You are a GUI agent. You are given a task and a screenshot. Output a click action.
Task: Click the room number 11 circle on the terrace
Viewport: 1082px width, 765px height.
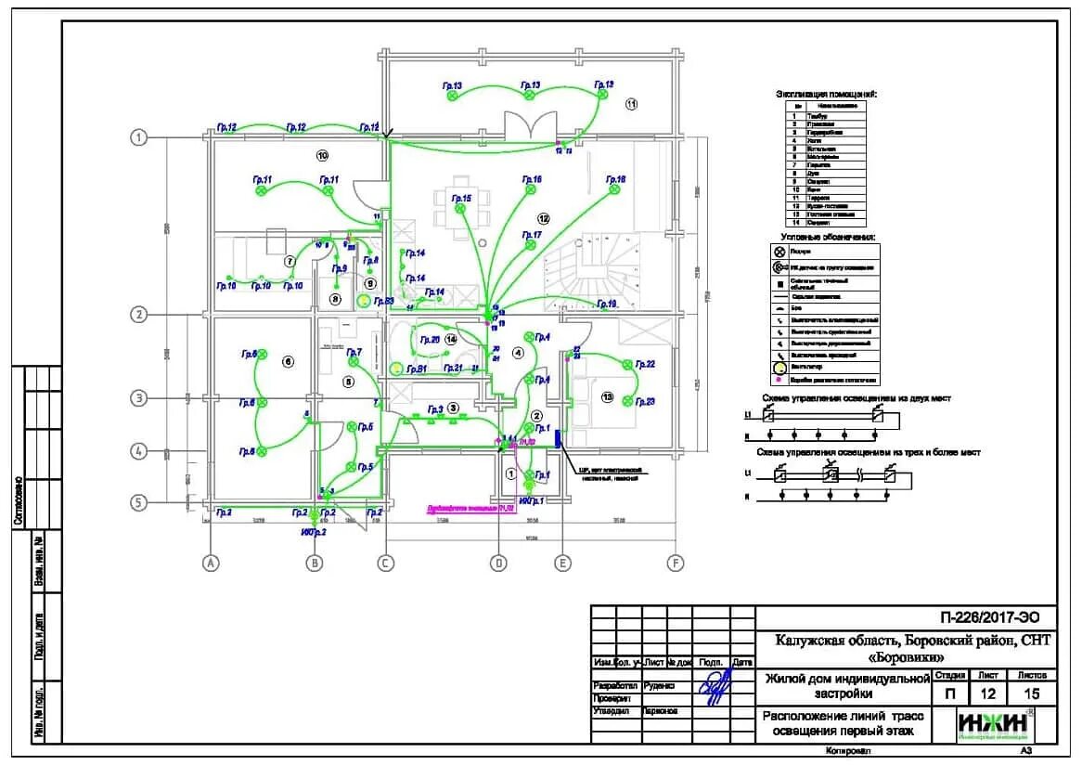pos(632,104)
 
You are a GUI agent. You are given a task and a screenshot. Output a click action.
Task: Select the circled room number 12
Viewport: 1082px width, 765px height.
pos(544,219)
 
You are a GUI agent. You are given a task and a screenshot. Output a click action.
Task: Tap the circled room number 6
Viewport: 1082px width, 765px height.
pos(288,361)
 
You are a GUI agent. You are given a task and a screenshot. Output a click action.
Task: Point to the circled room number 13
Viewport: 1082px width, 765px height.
pos(608,396)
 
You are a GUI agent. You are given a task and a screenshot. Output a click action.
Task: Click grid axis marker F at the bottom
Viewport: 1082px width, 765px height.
pos(675,563)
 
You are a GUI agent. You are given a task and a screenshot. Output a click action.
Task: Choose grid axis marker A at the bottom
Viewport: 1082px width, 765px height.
pos(211,563)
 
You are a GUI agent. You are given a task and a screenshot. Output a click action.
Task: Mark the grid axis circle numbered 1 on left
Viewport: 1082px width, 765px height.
pos(139,137)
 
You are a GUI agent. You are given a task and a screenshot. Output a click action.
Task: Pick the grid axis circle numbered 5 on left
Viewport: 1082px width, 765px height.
pos(139,502)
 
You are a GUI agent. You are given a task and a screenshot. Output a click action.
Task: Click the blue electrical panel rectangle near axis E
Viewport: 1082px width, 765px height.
pos(559,437)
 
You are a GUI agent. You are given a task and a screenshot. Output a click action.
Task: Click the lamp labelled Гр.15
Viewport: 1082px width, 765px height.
pos(458,209)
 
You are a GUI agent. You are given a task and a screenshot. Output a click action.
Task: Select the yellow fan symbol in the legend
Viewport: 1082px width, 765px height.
pos(780,367)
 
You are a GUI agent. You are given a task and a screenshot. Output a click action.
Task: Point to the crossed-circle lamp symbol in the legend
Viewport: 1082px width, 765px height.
pos(780,252)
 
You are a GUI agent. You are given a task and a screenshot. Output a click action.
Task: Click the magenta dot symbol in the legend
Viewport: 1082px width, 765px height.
pos(780,380)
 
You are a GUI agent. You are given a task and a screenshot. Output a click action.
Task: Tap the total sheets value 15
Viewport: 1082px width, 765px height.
pos(1032,693)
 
